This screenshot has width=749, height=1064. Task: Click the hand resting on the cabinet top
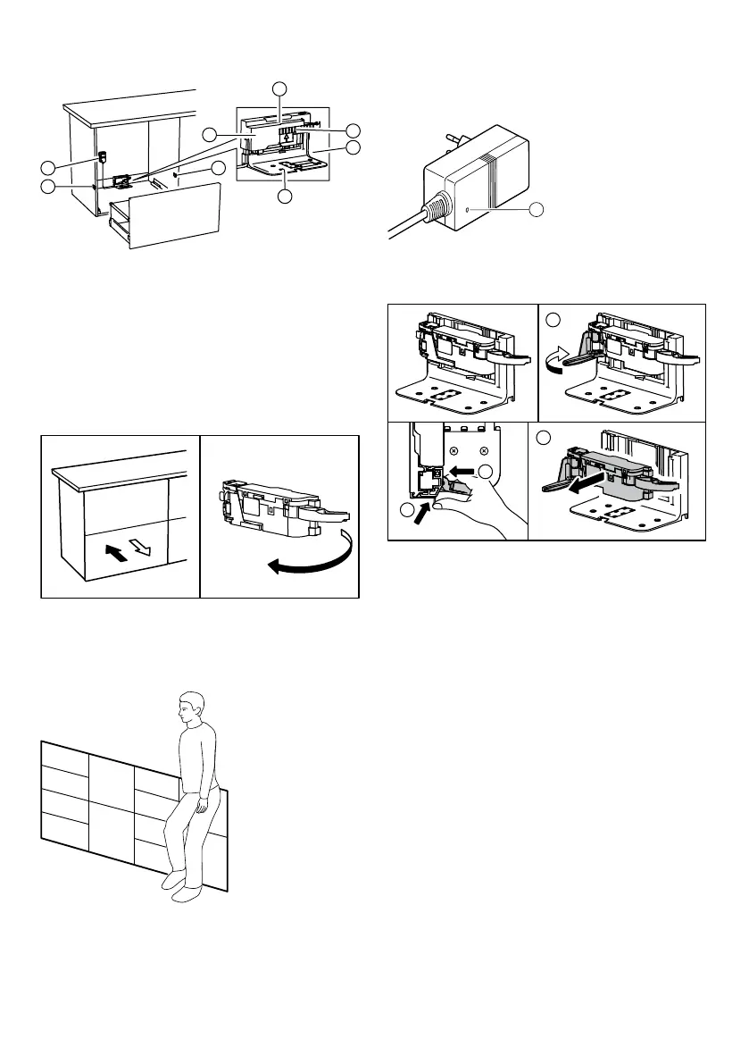210,805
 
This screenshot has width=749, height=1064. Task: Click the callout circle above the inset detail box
280,88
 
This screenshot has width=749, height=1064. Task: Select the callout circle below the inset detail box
284,196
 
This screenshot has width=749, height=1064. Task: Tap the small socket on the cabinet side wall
101,158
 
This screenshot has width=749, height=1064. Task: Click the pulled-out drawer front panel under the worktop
170,214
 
